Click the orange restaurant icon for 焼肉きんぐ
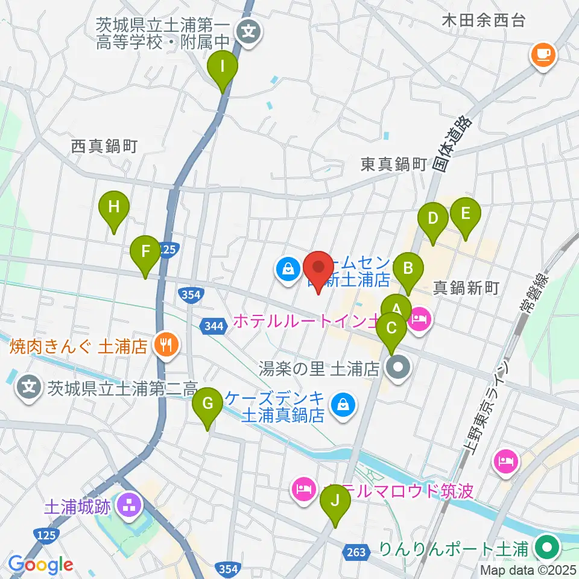coord(166,345)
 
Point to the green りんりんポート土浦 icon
coord(548,549)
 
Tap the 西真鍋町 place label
coord(104,146)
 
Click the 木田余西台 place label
coord(484,21)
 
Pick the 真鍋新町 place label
coord(467,288)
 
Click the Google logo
coord(41,565)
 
